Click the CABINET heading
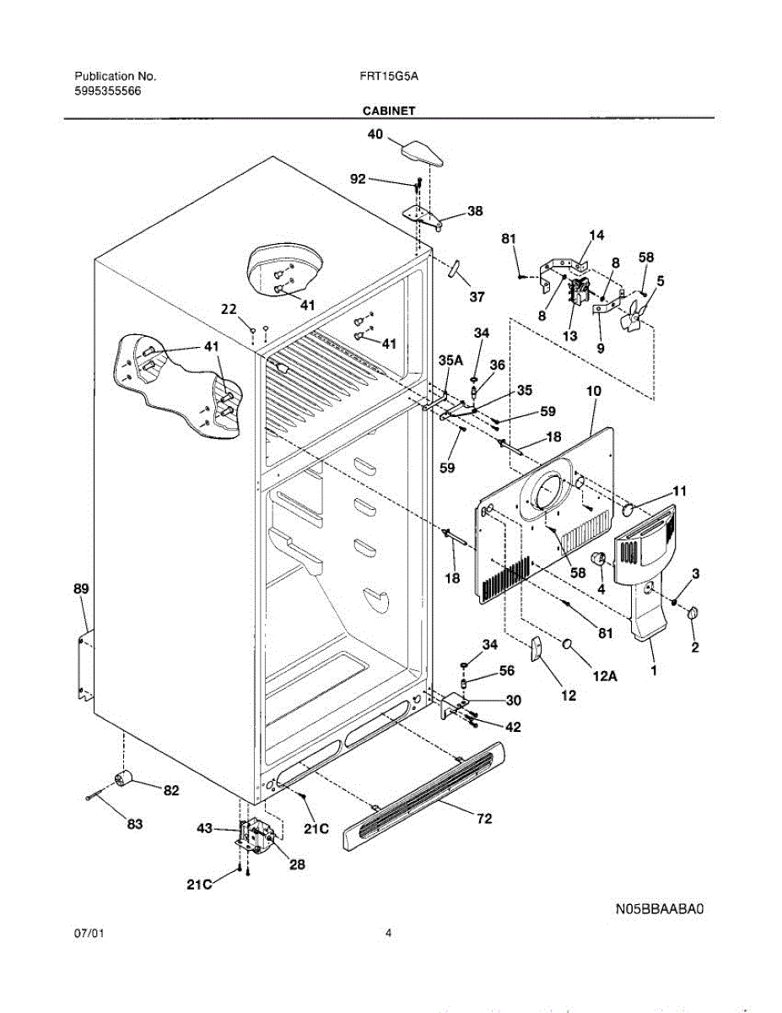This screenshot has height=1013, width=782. coord(388,111)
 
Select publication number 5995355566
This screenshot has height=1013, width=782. coord(108,91)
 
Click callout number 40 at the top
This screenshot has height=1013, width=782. coord(375,134)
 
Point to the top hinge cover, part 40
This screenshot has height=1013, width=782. coord(422,154)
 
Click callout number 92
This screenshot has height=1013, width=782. coord(358,179)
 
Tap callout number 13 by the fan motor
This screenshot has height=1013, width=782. coord(570,336)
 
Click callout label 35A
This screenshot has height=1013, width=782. coord(450,360)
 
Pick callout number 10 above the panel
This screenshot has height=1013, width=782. coord(593,391)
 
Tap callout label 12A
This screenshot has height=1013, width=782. coord(605,676)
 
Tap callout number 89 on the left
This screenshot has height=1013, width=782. coord(81,588)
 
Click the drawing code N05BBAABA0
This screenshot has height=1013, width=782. coord(660,908)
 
